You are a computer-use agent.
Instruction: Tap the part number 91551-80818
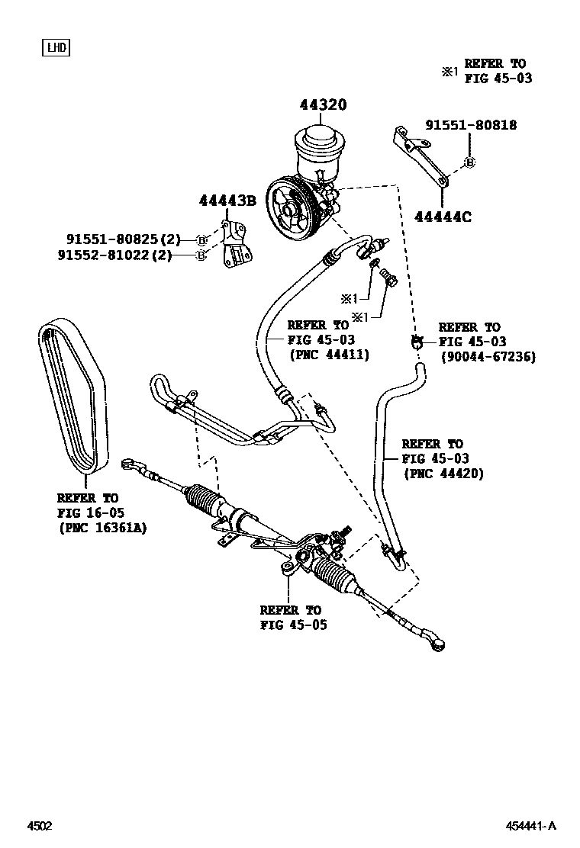click(471, 125)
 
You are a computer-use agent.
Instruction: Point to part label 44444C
click(443, 217)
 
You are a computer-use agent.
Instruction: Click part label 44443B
click(227, 201)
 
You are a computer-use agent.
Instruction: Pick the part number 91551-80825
click(105, 239)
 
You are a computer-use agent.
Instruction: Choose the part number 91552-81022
click(105, 255)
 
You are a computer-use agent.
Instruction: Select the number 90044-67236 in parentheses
click(488, 356)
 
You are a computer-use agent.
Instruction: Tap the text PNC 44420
click(443, 474)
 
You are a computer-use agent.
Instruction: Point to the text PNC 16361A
click(103, 527)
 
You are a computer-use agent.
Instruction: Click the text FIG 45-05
click(291, 625)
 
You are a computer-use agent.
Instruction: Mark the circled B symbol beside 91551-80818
click(470, 162)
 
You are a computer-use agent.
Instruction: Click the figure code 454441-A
click(531, 826)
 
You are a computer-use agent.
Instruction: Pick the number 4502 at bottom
click(40, 826)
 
